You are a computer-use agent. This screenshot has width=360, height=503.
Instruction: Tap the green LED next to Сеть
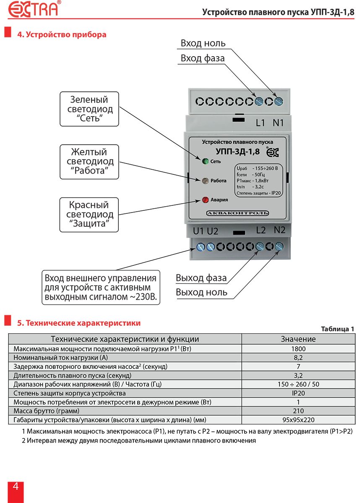click(x=206, y=161)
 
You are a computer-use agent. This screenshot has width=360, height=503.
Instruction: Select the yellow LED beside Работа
click(x=205, y=181)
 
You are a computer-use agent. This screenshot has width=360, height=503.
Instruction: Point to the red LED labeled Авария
click(x=206, y=200)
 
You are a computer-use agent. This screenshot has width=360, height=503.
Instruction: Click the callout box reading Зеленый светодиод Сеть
click(x=89, y=109)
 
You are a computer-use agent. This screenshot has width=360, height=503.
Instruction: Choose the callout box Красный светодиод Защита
click(x=89, y=215)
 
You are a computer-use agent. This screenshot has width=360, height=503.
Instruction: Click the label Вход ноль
click(x=203, y=43)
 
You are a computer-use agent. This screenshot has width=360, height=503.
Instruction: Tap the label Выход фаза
click(x=201, y=277)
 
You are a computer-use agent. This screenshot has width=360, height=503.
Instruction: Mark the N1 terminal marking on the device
click(x=279, y=123)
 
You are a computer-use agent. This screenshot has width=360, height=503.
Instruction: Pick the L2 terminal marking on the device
click(x=261, y=230)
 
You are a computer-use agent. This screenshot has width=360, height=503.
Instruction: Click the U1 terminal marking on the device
click(x=198, y=231)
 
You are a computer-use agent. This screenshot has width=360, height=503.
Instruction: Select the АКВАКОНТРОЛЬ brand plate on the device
click(x=237, y=213)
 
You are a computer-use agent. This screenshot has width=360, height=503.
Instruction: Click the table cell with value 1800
click(x=298, y=349)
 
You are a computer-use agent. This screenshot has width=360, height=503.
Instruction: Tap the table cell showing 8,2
click(x=298, y=358)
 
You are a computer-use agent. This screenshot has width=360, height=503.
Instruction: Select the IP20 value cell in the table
click(x=298, y=393)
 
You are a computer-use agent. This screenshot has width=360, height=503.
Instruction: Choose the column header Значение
click(x=298, y=339)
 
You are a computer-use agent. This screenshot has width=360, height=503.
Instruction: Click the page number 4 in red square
click(x=16, y=487)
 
